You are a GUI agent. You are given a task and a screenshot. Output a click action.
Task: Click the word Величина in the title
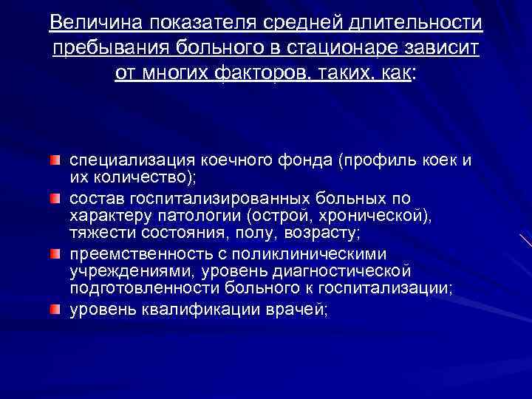[94, 24]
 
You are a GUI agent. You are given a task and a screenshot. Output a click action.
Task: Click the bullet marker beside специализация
[56, 160]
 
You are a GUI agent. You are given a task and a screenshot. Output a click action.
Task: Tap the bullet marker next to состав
[56, 199]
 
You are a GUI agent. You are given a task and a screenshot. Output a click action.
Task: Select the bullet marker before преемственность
[56, 255]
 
